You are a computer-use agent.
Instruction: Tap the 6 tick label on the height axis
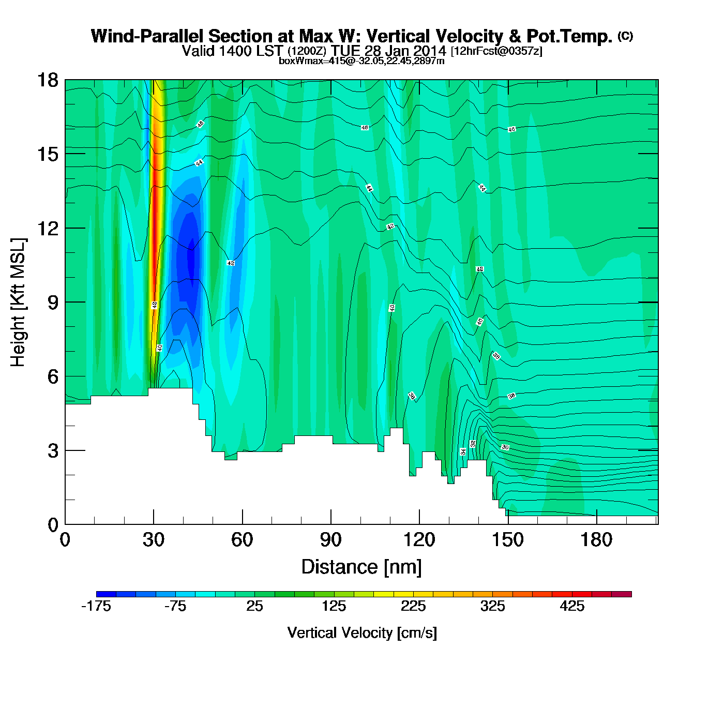(x=53, y=376)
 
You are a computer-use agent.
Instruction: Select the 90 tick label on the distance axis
(x=331, y=540)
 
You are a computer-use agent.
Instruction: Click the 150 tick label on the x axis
(x=508, y=540)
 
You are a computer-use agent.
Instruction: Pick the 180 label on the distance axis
(x=596, y=540)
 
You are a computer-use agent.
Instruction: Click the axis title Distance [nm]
(x=361, y=567)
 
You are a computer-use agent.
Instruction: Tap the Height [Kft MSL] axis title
(x=18, y=303)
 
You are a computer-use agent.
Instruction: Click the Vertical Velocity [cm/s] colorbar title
(x=362, y=633)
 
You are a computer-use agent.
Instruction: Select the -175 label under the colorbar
(x=96, y=607)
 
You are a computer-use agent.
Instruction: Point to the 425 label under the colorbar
(x=572, y=607)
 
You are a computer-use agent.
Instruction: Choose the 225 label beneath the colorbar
(x=413, y=607)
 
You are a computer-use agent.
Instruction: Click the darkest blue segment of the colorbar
(x=106, y=594)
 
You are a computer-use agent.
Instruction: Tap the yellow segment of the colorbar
(x=383, y=594)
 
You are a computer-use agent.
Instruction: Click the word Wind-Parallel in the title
(x=147, y=36)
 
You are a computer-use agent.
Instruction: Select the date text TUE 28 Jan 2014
(x=388, y=51)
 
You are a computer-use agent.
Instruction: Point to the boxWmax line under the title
(x=361, y=61)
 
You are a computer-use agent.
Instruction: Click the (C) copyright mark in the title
(x=625, y=36)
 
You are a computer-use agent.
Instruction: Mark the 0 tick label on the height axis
(x=53, y=525)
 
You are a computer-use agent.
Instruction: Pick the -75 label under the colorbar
(x=175, y=607)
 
